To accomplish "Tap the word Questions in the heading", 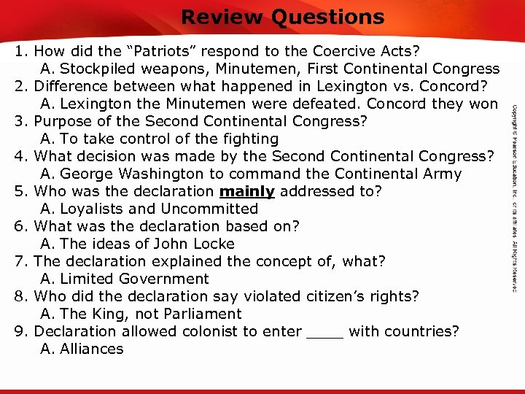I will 327,16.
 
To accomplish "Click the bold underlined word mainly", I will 247,191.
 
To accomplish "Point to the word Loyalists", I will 94,209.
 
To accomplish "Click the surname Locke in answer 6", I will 211,244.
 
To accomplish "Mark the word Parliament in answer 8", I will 202,314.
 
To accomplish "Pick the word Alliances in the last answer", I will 92,349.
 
